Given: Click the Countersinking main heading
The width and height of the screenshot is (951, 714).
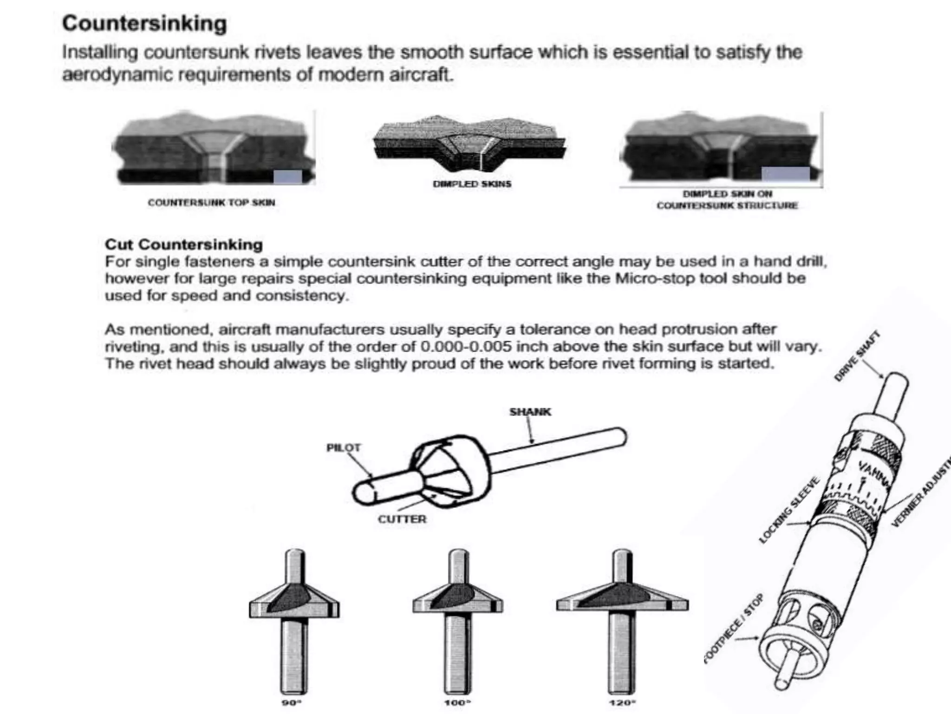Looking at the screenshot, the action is pos(144,24).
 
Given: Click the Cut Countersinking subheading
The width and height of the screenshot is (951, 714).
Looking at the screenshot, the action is pos(184,245).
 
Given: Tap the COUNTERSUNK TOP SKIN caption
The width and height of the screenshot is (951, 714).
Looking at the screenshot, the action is pos(211,203).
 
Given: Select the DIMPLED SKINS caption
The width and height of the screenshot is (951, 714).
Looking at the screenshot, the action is pos(472,184).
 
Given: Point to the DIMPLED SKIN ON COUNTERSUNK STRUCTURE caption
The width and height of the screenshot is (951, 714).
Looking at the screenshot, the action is pos(727,200).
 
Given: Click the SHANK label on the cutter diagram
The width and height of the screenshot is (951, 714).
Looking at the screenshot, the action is pos(530,412).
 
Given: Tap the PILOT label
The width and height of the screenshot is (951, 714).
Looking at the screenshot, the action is pos(343,448).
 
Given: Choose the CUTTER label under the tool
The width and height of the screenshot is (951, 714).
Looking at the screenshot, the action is pos(402,519).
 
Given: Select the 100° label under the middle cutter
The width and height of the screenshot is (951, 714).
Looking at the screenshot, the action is pos(457,702).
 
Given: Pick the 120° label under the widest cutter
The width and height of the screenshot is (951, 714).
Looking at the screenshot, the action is pos(622,702).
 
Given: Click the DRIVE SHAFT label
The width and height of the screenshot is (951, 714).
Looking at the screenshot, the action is pos(857,356).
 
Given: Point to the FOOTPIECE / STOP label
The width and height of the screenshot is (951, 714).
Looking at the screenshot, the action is pos(734,628).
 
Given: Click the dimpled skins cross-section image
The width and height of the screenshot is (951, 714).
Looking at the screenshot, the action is pos(470,144).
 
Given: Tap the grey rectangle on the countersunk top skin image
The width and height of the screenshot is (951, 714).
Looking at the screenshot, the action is pos(288,177).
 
